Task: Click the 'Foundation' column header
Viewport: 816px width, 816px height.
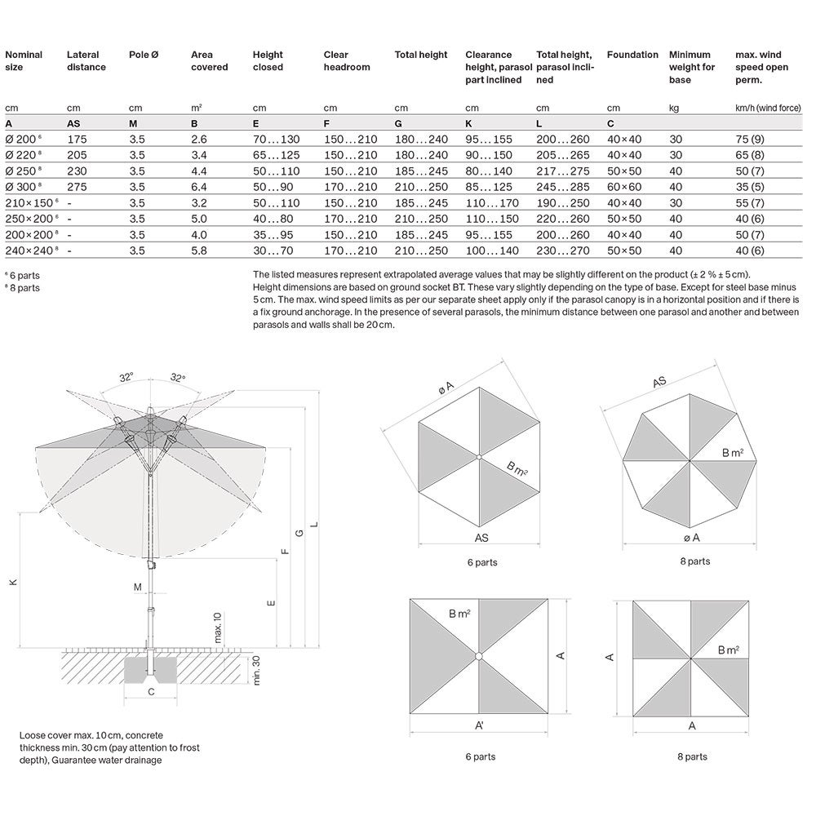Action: point(632,55)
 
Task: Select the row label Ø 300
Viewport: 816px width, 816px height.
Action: point(23,187)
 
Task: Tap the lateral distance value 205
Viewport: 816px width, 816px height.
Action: point(78,155)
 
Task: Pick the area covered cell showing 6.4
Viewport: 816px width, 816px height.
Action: point(198,187)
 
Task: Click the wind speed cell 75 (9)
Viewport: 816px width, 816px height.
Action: point(751,140)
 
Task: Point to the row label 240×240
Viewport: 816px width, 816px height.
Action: point(27,250)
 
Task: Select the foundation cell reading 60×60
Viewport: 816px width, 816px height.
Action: point(624,187)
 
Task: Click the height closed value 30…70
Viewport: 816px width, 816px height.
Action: point(273,250)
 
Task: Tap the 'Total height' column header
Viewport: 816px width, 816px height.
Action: point(421,55)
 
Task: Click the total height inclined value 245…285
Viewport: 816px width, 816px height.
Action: point(561,187)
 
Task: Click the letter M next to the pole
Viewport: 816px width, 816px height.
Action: point(137,587)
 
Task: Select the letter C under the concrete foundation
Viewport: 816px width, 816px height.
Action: point(151,692)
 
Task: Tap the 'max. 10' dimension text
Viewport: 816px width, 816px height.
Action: point(218,628)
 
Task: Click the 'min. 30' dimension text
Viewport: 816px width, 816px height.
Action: point(256,670)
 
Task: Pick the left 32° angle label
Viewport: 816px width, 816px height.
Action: point(126,378)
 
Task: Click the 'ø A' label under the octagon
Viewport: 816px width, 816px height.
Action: point(692,538)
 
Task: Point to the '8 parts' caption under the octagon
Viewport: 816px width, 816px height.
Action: point(694,561)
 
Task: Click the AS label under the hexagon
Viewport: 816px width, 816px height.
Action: point(482,539)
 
